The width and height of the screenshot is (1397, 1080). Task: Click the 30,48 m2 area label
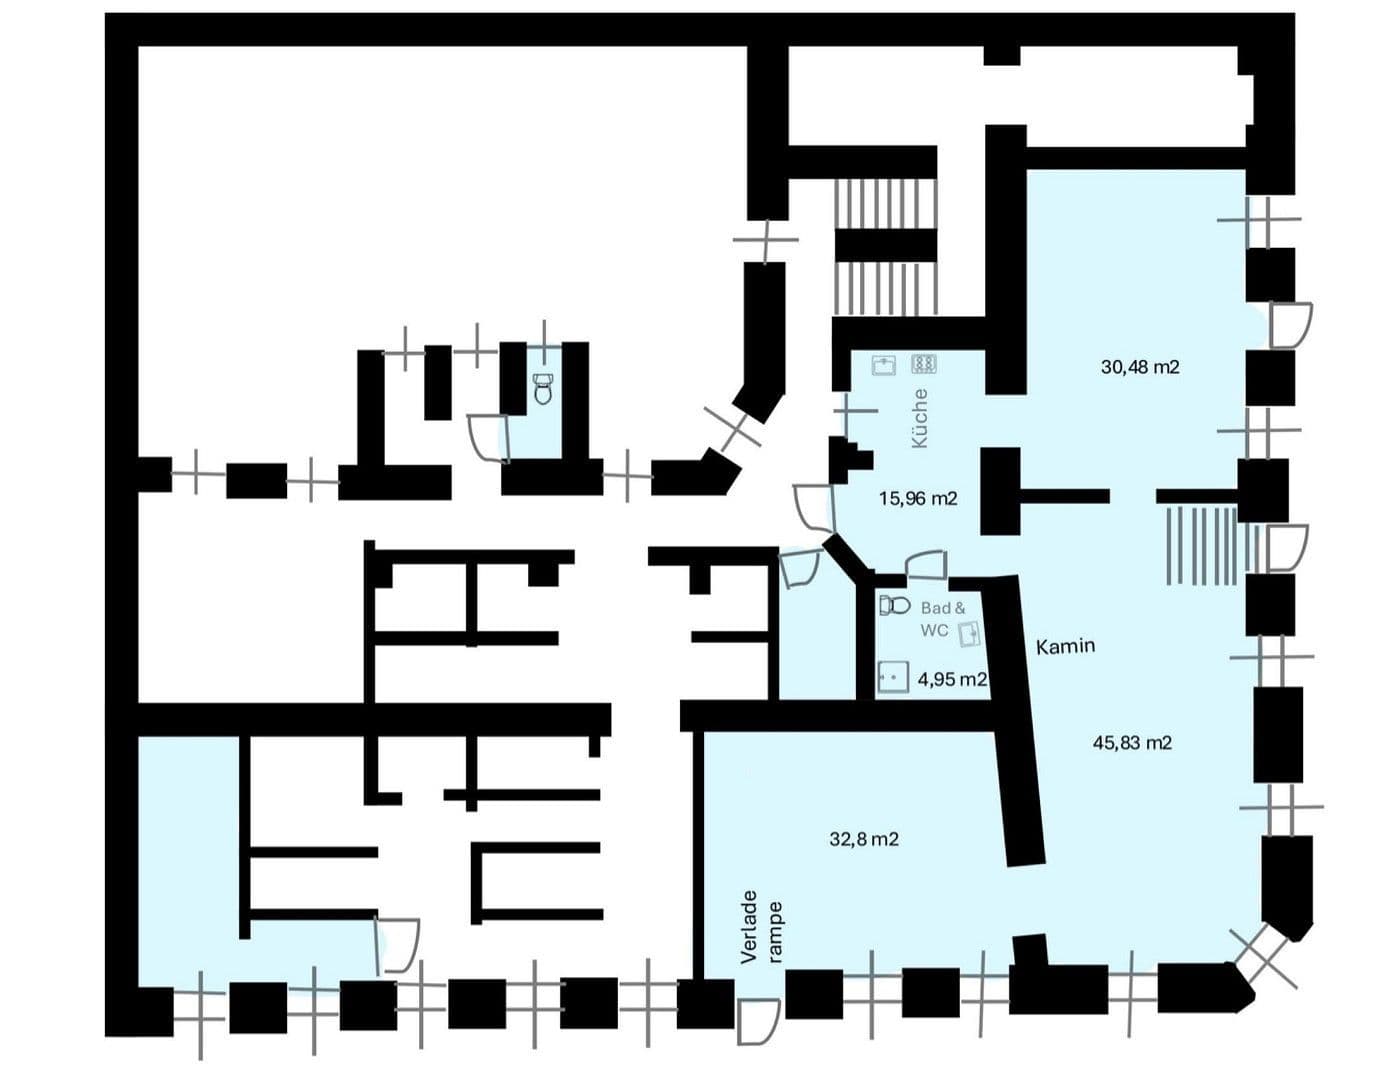click(x=1140, y=367)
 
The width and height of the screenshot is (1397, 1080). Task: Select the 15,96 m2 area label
click(x=918, y=498)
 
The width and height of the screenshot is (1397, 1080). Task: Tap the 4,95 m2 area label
click(x=951, y=679)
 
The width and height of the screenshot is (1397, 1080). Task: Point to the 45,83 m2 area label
click(x=1132, y=742)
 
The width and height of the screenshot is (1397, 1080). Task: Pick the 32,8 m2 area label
click(x=864, y=839)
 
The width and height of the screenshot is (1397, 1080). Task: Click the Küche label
click(x=920, y=418)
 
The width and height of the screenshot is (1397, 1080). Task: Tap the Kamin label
click(x=1065, y=646)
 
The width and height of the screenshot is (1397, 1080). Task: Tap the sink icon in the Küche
click(x=883, y=365)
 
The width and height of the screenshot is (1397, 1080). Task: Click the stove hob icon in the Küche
click(x=924, y=364)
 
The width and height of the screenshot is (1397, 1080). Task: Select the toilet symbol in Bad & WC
click(x=895, y=605)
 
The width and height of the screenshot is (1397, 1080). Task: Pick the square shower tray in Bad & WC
click(x=894, y=677)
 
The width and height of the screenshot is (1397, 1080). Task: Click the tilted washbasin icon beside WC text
click(x=969, y=634)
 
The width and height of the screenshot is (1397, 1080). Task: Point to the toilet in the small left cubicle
click(x=543, y=388)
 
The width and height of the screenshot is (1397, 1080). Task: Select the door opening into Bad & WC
click(x=926, y=564)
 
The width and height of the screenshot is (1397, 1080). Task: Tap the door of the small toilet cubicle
click(x=489, y=438)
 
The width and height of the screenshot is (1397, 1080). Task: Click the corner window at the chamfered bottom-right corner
click(x=1263, y=962)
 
